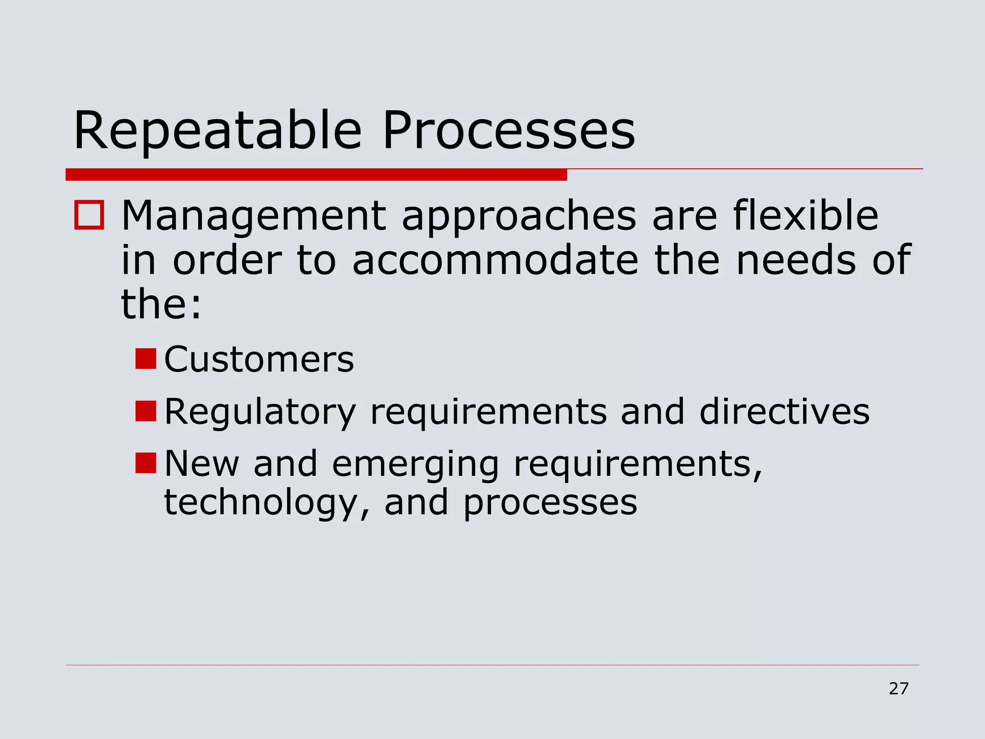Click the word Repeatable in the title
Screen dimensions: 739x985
click(217, 131)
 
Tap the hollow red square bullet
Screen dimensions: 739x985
click(89, 216)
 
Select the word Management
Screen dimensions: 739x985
click(253, 217)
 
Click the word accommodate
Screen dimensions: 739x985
click(495, 260)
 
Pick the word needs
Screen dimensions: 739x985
click(796, 260)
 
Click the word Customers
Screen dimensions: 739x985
click(259, 359)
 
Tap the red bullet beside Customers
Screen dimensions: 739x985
click(146, 359)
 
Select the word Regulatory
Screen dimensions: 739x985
click(260, 412)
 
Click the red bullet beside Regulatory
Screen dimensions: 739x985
click(146, 411)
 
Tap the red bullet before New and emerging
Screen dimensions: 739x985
click(146, 463)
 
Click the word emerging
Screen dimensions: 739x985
click(416, 465)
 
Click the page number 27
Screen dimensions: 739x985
click(898, 689)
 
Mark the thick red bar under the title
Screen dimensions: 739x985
click(316, 175)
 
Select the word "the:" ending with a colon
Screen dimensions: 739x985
click(161, 305)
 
